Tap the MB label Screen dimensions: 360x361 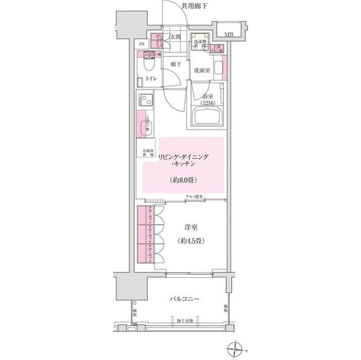[228, 35]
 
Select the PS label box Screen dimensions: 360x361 [142, 43]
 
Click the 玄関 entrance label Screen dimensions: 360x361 [175, 37]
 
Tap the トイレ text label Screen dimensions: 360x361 [151, 79]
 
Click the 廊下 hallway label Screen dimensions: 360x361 [176, 64]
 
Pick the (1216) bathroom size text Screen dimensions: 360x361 [209, 103]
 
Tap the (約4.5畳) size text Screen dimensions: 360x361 [192, 241]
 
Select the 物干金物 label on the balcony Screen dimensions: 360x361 [184, 320]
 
